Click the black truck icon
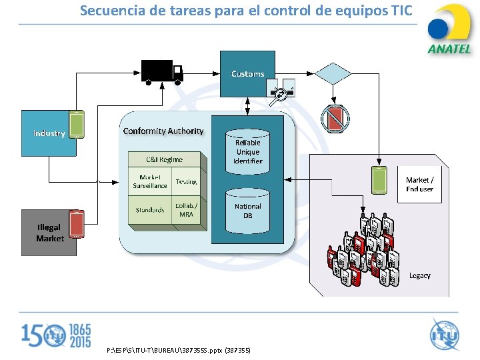(162, 71)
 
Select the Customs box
(247, 73)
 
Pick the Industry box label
(49, 133)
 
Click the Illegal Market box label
(49, 233)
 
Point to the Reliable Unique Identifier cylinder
(247, 152)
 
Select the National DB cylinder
(247, 211)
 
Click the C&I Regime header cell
(165, 159)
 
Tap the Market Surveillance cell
(150, 181)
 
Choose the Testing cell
(186, 181)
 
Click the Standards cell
(150, 210)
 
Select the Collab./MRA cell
(186, 210)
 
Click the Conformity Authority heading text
(163, 131)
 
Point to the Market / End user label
(419, 185)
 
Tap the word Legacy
(419, 275)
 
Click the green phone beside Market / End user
(379, 181)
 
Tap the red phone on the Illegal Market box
(77, 224)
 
